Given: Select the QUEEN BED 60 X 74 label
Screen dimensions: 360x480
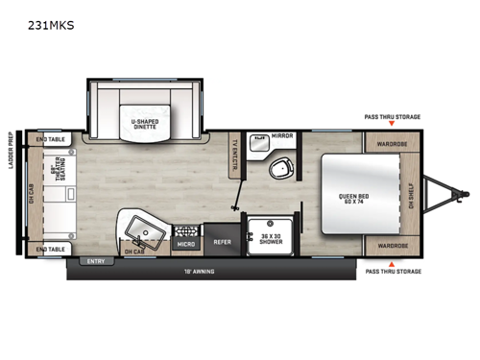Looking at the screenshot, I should [352, 200].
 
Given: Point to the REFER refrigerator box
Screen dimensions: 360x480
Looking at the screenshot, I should [221, 243].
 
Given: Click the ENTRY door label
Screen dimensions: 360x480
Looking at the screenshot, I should [95, 261].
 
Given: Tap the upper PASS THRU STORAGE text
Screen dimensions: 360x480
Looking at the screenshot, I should [392, 116].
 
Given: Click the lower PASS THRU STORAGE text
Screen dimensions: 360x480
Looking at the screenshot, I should [392, 272].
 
